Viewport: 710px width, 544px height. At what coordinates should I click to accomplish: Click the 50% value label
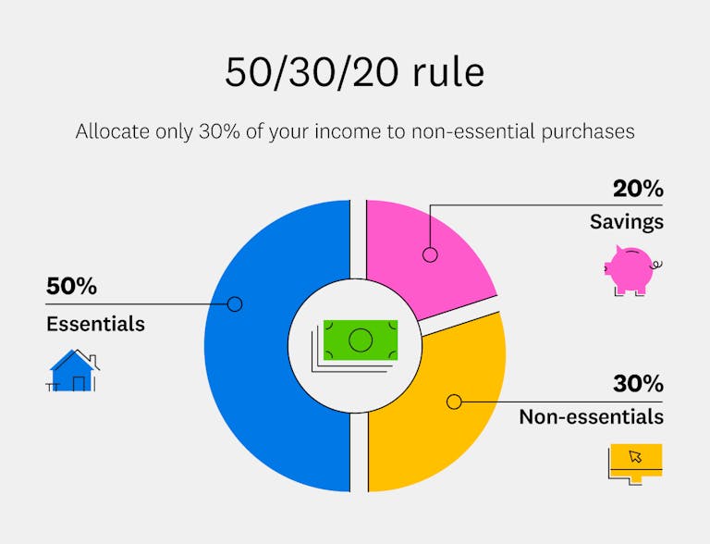pyautogui.click(x=71, y=287)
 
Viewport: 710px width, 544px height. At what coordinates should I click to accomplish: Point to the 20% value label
pyautogui.click(x=638, y=189)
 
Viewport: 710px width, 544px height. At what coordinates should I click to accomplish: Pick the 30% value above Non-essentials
pyautogui.click(x=638, y=383)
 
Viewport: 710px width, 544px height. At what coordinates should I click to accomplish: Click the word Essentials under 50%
pyautogui.click(x=95, y=324)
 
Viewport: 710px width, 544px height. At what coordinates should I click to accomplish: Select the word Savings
pyautogui.click(x=627, y=222)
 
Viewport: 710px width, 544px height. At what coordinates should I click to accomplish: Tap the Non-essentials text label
pyautogui.click(x=591, y=416)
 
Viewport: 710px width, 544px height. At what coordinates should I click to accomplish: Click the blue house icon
pyautogui.click(x=73, y=370)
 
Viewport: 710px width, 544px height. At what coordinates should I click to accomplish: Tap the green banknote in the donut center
pyautogui.click(x=360, y=340)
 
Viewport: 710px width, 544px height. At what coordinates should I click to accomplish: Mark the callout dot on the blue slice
pyautogui.click(x=234, y=303)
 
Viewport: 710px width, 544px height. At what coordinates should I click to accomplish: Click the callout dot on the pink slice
pyautogui.click(x=429, y=253)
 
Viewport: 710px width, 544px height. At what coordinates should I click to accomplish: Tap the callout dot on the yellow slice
pyautogui.click(x=453, y=402)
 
